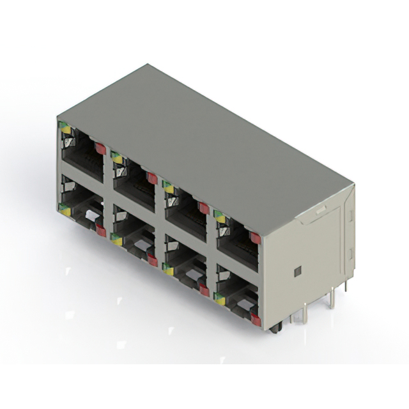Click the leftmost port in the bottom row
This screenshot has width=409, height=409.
point(81,206)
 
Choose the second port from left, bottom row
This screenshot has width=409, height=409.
point(133,233)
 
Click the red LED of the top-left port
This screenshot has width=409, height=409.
point(100,148)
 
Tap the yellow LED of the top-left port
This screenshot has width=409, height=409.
point(65,130)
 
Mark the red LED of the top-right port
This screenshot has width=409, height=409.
point(255,238)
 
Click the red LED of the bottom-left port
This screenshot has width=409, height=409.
point(101,231)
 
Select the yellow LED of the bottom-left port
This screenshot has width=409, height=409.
point(65,208)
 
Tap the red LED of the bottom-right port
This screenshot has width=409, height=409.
point(256,320)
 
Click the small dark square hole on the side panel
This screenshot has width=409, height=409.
point(297,272)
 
